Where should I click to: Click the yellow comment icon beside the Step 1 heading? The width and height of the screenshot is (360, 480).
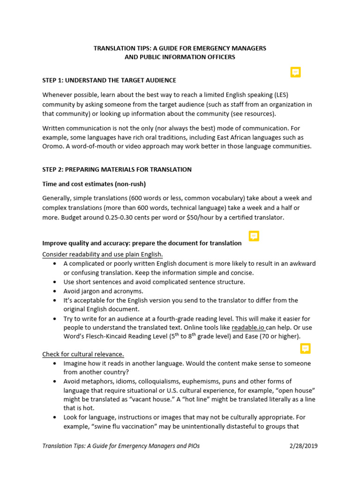click(295, 72)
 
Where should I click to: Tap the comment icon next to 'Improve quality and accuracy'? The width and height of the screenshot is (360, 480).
click(254, 236)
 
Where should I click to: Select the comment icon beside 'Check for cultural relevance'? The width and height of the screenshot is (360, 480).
click(305, 348)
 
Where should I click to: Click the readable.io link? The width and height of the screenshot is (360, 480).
click(248, 327)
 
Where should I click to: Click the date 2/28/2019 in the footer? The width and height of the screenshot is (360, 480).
click(303, 446)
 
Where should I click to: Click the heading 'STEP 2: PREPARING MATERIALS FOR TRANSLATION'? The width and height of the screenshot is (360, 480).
click(117, 169)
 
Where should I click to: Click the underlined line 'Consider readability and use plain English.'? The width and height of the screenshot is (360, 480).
click(102, 255)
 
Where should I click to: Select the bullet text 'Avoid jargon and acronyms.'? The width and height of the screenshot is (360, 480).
click(103, 291)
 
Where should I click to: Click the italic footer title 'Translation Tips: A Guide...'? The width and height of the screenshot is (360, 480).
click(121, 446)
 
